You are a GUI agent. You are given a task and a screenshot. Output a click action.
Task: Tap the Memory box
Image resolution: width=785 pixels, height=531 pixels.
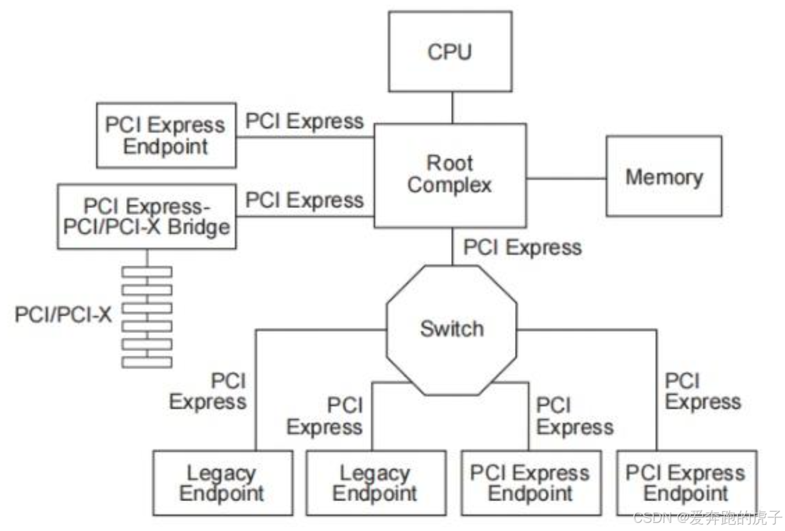[664, 177]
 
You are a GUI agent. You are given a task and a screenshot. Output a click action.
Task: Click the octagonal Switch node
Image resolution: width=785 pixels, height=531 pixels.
[451, 329]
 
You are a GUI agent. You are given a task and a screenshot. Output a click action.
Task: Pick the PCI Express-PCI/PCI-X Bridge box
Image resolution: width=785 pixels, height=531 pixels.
[147, 217]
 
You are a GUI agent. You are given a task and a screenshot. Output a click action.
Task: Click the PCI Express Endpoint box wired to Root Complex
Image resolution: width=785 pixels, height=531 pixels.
[166, 136]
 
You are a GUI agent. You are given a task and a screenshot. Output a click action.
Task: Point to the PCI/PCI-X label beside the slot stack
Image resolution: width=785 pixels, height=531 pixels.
[63, 314]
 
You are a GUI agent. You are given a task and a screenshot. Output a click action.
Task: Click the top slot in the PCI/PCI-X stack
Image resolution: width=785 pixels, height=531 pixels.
[147, 272]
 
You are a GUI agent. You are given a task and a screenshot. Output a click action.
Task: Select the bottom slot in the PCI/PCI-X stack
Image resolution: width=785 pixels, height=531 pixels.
[147, 362]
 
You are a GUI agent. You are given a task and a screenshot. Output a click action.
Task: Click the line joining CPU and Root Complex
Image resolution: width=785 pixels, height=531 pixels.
[452, 108]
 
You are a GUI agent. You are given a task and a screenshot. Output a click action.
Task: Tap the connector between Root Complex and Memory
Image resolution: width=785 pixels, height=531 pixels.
[566, 177]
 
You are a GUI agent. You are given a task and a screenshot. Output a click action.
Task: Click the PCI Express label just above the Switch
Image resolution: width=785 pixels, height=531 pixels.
[522, 248]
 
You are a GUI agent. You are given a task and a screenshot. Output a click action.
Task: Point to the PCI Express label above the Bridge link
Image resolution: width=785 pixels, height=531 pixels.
[304, 201]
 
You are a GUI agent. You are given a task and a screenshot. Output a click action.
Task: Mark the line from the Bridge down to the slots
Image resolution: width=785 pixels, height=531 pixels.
[147, 257]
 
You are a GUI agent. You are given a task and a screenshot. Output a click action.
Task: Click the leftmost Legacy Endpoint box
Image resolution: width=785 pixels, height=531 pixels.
[222, 483]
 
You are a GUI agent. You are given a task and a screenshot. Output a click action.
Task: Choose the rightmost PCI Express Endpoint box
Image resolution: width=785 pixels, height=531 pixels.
[686, 482]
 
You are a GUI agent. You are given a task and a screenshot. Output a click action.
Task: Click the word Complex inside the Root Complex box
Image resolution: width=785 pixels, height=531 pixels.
[450, 186]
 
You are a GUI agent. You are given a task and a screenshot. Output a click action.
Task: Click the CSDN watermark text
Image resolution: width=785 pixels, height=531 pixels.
[707, 518]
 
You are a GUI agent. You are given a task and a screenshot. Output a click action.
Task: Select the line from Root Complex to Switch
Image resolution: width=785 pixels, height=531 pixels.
[452, 246]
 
